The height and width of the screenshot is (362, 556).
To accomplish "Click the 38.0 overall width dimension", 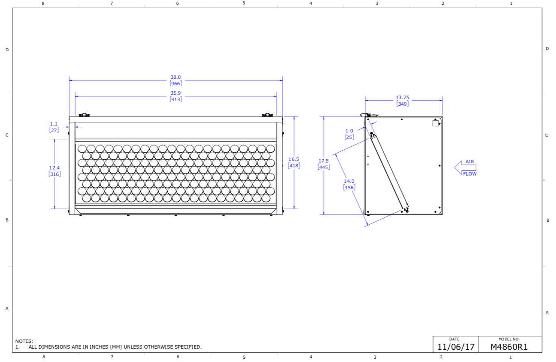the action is click(x=176, y=80).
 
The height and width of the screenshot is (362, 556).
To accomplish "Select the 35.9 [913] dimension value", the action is click(x=176, y=96).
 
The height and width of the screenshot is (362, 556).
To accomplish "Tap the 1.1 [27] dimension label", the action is click(x=54, y=127).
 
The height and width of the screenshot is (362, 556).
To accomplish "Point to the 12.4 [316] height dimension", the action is click(x=54, y=171).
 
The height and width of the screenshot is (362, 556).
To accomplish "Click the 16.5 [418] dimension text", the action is click(x=294, y=163).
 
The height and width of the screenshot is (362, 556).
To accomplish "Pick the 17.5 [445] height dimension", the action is click(x=324, y=164).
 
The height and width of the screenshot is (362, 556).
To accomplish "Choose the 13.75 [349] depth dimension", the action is click(x=402, y=101).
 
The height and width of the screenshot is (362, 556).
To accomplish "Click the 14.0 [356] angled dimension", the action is click(x=349, y=184).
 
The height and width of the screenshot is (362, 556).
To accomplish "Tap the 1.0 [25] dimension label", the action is click(x=349, y=134).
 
